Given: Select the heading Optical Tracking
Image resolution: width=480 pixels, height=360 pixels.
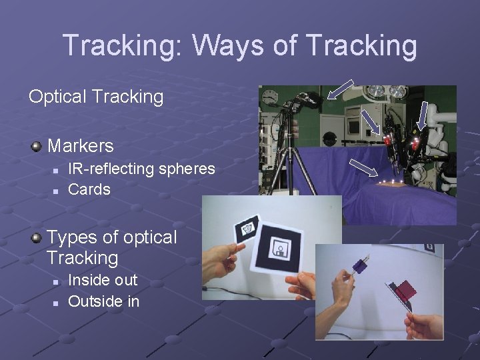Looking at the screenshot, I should (x=96, y=97).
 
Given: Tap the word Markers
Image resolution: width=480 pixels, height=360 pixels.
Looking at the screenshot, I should (x=81, y=145).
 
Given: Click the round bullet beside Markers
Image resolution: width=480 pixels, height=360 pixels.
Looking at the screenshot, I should (x=37, y=145).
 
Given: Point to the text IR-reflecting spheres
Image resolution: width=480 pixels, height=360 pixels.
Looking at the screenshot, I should (x=141, y=169).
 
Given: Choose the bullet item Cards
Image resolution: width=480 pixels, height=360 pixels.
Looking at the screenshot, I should (x=89, y=189).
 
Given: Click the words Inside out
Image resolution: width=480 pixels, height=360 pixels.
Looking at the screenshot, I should (x=103, y=280).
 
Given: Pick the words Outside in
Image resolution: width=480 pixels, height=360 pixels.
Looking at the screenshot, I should (x=104, y=301).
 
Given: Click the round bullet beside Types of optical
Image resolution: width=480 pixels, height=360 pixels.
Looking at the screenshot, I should (x=37, y=237).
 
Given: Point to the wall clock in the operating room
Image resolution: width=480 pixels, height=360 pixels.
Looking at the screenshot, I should (x=270, y=97).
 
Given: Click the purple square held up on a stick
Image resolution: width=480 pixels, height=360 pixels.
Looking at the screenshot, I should (x=358, y=267).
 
